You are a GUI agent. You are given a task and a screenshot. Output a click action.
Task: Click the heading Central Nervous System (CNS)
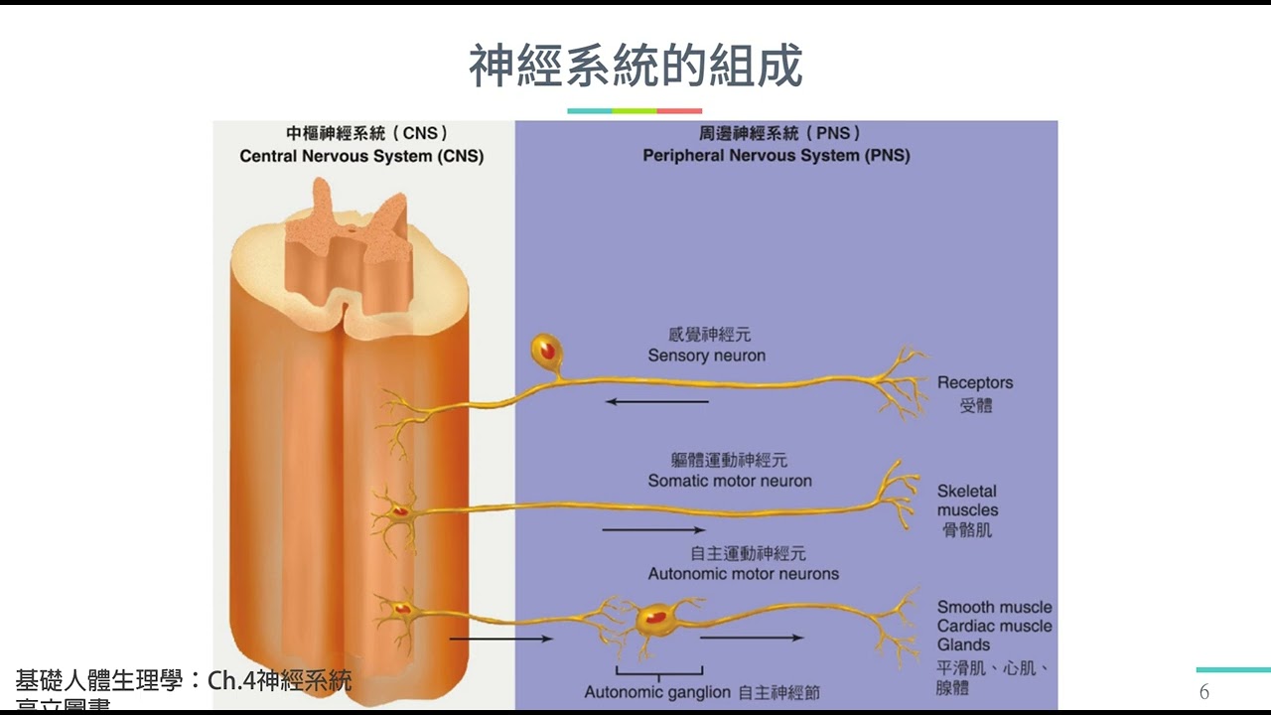[361, 156]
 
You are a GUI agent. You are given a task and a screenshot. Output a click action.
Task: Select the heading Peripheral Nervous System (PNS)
[776, 156]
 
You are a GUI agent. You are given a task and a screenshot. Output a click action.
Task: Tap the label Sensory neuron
[706, 356]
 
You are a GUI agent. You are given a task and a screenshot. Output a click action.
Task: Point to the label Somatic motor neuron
[730, 481]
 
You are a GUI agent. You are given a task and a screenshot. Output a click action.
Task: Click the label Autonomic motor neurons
[743, 574]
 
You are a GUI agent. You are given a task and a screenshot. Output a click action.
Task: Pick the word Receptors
[975, 383]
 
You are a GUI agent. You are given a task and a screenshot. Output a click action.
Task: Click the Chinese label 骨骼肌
[967, 530]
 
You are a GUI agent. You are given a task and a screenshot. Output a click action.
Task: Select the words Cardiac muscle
[994, 627]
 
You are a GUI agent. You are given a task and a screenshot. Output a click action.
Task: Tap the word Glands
[963, 645]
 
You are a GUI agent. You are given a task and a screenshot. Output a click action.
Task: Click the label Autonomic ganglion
[657, 692]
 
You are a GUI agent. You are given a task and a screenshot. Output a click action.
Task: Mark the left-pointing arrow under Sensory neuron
[656, 402]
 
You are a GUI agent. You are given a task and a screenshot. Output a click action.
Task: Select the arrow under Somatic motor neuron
[653, 530]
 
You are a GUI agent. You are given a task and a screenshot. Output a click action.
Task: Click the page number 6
[1204, 692]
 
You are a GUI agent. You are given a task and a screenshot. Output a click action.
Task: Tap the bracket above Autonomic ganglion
[658, 670]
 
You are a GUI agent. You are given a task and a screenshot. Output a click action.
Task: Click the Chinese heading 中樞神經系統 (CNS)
[366, 133]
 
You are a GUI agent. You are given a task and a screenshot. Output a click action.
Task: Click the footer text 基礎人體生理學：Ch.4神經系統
[184, 681]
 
